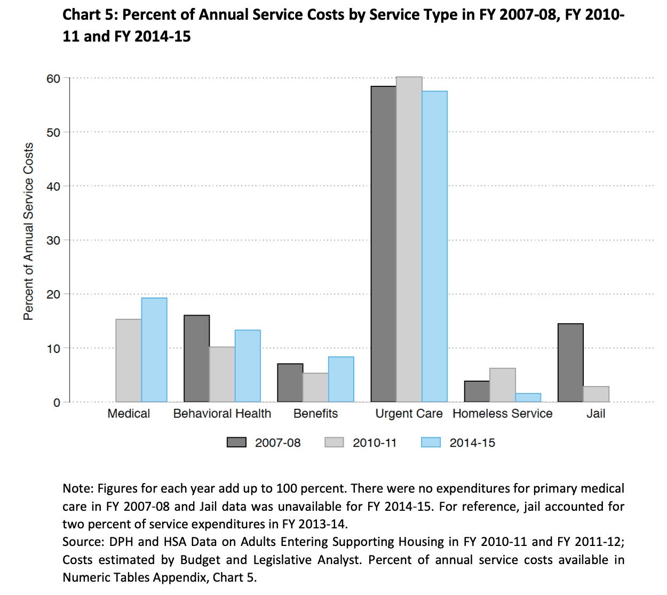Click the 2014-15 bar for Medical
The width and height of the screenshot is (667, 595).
coord(154,350)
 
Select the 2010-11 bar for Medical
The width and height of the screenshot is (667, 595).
coord(129,360)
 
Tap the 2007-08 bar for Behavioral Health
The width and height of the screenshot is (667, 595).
coord(196,358)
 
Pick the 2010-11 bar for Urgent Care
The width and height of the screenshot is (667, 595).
coord(409,239)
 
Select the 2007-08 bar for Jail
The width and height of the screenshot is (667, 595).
coord(570,363)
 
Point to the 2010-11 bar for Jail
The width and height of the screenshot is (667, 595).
coord(596,394)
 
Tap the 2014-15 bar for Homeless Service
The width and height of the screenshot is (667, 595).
coord(528,398)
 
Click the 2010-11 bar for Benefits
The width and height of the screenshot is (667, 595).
coord(316,388)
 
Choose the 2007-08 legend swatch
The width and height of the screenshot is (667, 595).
coord(236,443)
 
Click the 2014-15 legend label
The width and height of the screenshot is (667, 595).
coord(472,443)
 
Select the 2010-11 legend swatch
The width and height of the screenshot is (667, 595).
coord(334,443)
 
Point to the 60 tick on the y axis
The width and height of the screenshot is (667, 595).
coord(53,79)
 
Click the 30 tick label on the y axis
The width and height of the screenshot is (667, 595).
coord(53,240)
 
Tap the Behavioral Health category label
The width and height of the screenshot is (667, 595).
coord(222,414)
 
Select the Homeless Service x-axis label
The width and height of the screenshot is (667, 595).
coord(502,414)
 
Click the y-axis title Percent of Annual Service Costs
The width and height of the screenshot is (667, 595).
coord(29,231)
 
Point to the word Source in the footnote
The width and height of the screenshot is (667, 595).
coord(83,542)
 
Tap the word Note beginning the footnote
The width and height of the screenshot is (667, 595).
coord(77,488)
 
